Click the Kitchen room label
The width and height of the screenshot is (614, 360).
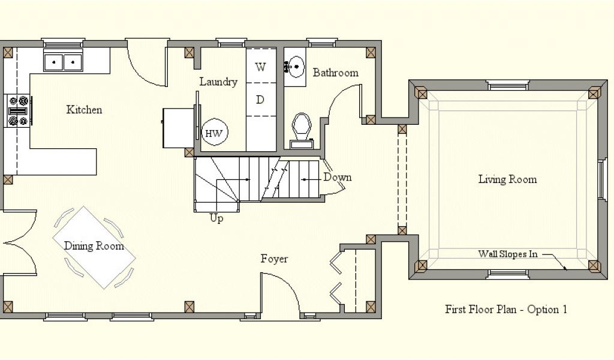[84, 109]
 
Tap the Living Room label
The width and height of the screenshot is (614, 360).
[507, 179]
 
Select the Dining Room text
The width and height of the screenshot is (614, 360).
[94, 245]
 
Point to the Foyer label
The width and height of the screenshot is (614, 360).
[274, 259]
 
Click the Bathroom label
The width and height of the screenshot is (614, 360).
[336, 73]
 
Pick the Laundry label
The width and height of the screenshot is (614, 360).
[218, 82]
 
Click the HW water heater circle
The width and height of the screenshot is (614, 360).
[214, 133]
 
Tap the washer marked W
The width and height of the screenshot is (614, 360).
[261, 66]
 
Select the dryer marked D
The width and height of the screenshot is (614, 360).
[261, 100]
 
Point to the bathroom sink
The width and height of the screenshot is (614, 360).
[295, 67]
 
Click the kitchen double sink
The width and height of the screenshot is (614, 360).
[63, 62]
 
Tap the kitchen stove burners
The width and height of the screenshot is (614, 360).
[18, 111]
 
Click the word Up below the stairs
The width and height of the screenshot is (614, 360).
[216, 218]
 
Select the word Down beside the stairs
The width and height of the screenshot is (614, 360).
[337, 177]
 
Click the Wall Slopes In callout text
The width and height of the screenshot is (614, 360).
[507, 254]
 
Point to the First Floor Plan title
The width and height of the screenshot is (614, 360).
[506, 309]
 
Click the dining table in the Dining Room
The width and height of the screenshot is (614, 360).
[94, 248]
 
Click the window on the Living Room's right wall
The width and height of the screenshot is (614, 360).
[602, 179]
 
